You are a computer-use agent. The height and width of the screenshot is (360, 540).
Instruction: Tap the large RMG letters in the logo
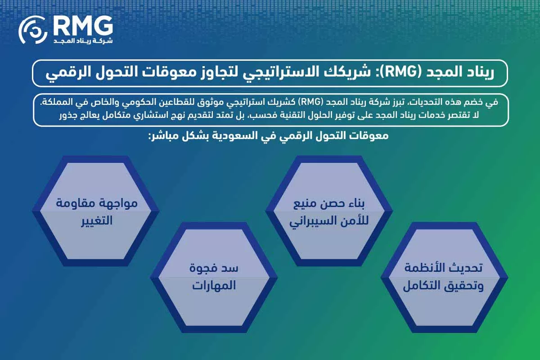(x=82, y=26)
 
